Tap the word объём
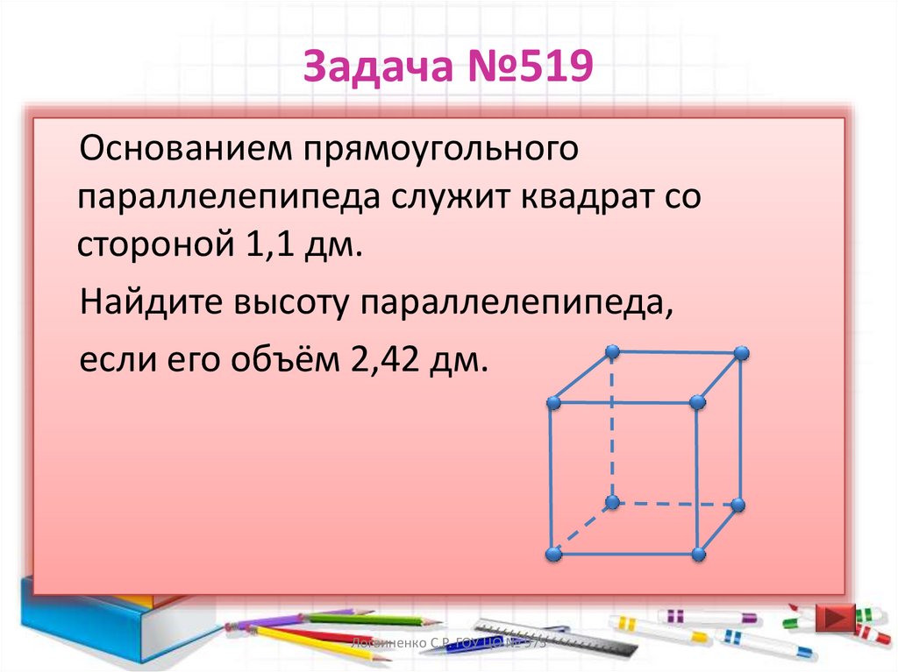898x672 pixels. (281, 360)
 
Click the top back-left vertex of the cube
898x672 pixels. (613, 352)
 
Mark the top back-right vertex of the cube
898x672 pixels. (741, 353)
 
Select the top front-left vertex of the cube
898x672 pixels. (552, 402)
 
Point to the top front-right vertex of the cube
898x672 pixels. (698, 402)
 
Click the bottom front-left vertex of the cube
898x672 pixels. (552, 555)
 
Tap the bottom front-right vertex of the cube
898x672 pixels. (698, 554)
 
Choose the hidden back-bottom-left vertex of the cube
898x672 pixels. (613, 502)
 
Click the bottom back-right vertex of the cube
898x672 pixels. (738, 505)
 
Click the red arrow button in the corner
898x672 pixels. (834, 617)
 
